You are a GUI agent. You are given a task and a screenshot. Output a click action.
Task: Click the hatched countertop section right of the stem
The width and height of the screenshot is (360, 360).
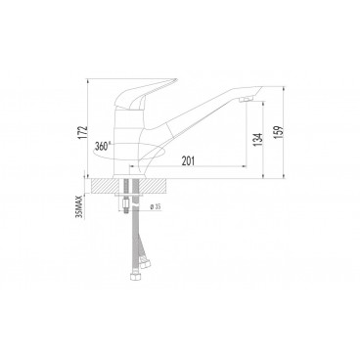tap(160, 183)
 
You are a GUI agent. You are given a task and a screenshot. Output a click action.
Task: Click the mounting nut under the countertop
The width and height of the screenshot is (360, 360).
tap(135, 202)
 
